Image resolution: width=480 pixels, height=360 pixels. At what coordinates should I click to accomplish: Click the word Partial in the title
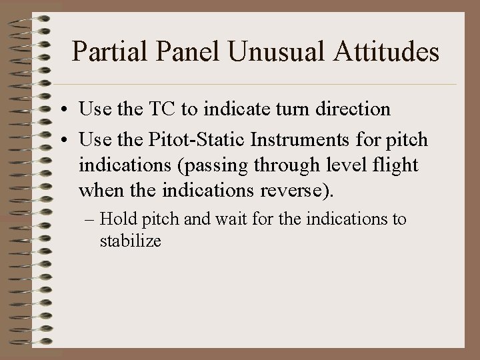(x=102, y=51)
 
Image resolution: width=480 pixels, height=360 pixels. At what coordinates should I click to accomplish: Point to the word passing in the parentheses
(x=225, y=165)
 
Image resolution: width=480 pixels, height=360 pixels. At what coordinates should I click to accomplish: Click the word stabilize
(x=131, y=241)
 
